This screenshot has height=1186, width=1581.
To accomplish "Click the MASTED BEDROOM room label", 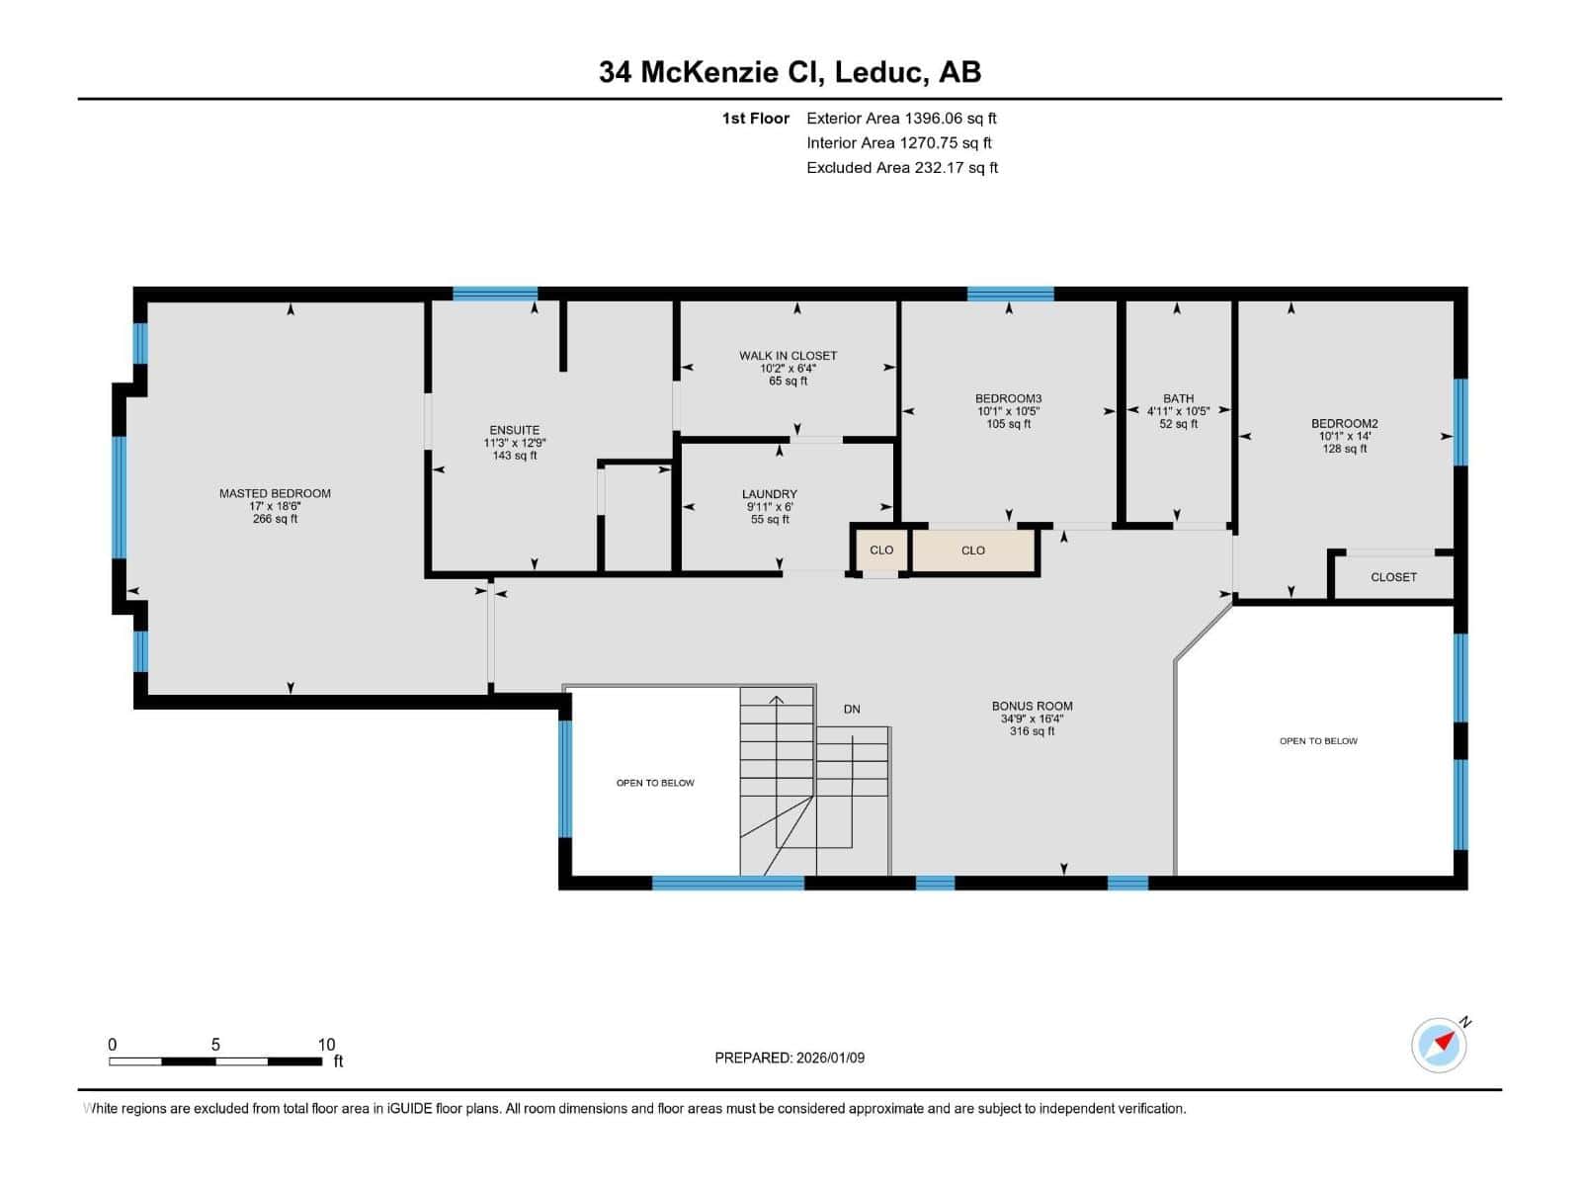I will pyautogui.click(x=275, y=493).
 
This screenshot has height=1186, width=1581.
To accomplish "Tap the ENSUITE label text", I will pyautogui.click(x=515, y=430).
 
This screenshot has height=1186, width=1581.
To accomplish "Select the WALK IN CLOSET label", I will pyautogui.click(x=788, y=356).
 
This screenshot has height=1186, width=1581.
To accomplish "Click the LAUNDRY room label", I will pyautogui.click(x=769, y=494).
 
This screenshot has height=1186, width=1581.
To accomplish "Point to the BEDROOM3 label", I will pyautogui.click(x=1008, y=399).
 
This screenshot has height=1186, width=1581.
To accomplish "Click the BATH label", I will pyautogui.click(x=1178, y=399).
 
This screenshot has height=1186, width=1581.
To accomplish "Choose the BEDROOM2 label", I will pyautogui.click(x=1344, y=424).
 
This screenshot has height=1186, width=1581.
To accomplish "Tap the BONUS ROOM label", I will pyautogui.click(x=1032, y=707).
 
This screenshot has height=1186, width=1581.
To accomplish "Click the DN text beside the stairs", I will pyautogui.click(x=852, y=710).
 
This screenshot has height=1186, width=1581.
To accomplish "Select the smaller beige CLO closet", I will pyautogui.click(x=880, y=551).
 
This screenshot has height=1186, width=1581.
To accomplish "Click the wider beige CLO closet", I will pyautogui.click(x=973, y=551).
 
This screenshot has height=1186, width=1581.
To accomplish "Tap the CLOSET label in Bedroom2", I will pyautogui.click(x=1393, y=577).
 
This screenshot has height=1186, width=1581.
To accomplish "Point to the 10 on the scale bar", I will pyautogui.click(x=326, y=1045).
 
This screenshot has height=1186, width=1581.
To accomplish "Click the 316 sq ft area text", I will pyautogui.click(x=1032, y=731).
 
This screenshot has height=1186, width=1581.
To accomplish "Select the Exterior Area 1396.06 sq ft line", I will pyautogui.click(x=901, y=119).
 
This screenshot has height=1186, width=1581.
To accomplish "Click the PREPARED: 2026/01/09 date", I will pyautogui.click(x=790, y=1058).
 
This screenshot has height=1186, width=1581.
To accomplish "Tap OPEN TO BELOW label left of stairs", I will pyautogui.click(x=655, y=783).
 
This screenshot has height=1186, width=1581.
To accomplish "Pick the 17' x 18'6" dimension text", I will pyautogui.click(x=275, y=506).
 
